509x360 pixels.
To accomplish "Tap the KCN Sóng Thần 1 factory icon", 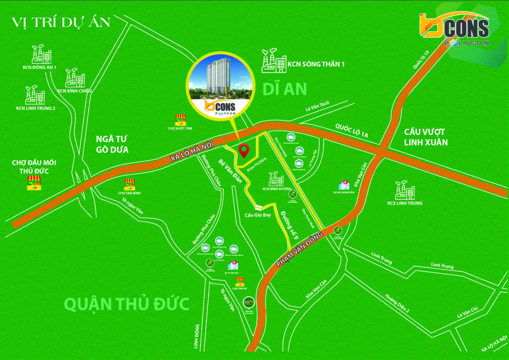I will tap(274, 62).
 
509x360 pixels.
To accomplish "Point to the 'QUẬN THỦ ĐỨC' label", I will tap(127, 304).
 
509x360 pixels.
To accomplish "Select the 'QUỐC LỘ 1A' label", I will tap(352, 131).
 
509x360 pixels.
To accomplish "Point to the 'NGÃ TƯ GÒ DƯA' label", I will tap(112, 144).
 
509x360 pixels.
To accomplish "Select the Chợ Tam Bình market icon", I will tap(130, 184).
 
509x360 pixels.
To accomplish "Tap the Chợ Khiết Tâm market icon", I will tap(180, 119).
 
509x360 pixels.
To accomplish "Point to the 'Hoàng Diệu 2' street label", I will tap(397, 302).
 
